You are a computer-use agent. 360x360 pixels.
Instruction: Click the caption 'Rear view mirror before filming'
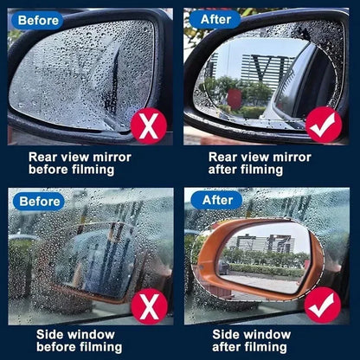(80, 164)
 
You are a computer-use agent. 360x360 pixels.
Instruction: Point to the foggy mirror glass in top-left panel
(78, 74)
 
